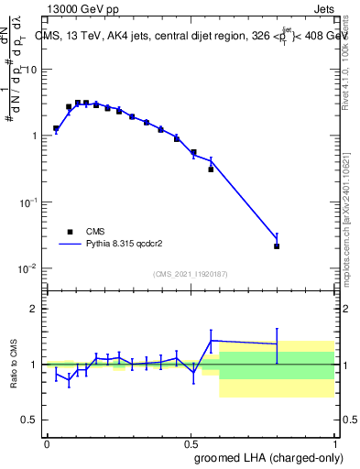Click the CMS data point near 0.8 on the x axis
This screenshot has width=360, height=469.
coord(277,246)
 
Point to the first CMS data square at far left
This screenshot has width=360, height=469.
coord(56,129)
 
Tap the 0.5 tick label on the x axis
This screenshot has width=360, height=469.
coord(191,442)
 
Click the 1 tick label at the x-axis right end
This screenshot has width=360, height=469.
coord(334,442)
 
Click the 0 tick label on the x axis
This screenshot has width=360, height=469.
coord(47,442)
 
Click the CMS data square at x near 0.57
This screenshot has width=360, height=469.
coord(211,169)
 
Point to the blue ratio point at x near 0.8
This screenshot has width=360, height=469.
coord(277,344)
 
